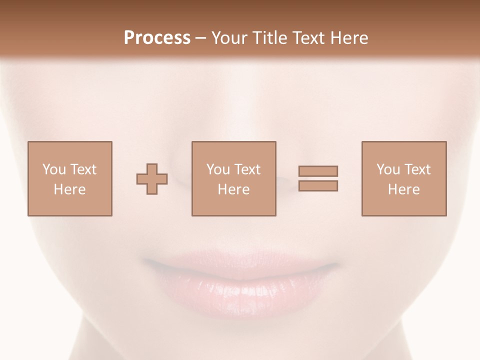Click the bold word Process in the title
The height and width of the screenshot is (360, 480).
157,38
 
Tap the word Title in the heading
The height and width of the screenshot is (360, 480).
269,38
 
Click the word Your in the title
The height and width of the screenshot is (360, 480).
229,38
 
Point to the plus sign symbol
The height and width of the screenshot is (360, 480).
152,178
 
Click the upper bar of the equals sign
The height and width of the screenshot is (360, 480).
318,171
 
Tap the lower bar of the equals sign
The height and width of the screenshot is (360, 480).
318,185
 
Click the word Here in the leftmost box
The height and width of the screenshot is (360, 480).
69,189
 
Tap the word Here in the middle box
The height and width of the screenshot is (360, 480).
233,189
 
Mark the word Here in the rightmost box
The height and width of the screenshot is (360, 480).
403,189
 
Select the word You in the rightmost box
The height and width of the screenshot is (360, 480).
388,169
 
